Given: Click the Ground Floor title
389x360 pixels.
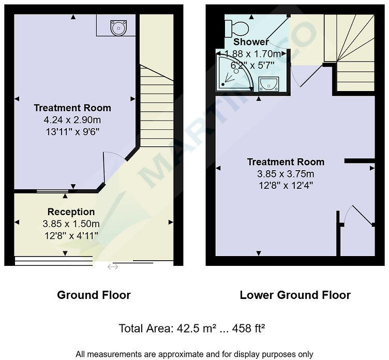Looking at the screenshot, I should click(x=94, y=295).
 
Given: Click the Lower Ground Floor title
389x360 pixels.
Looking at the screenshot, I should click(x=295, y=295).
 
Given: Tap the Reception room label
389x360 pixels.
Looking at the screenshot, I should click(x=71, y=212).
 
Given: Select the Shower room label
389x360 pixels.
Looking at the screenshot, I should click(x=251, y=42).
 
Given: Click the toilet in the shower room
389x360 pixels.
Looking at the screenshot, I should click(x=238, y=26).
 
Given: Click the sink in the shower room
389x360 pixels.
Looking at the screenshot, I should click(x=268, y=83).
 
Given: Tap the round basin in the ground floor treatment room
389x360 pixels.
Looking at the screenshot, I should click(x=116, y=25).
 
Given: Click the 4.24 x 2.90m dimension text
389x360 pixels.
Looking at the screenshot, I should click(x=72, y=119).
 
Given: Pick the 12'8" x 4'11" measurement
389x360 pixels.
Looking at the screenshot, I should click(x=71, y=235).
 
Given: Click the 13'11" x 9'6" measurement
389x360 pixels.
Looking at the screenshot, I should click(x=72, y=131).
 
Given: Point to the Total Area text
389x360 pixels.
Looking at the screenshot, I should click(x=192, y=328).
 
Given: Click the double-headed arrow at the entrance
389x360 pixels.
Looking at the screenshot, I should click(x=112, y=267).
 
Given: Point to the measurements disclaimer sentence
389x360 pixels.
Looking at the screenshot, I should click(x=194, y=354).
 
